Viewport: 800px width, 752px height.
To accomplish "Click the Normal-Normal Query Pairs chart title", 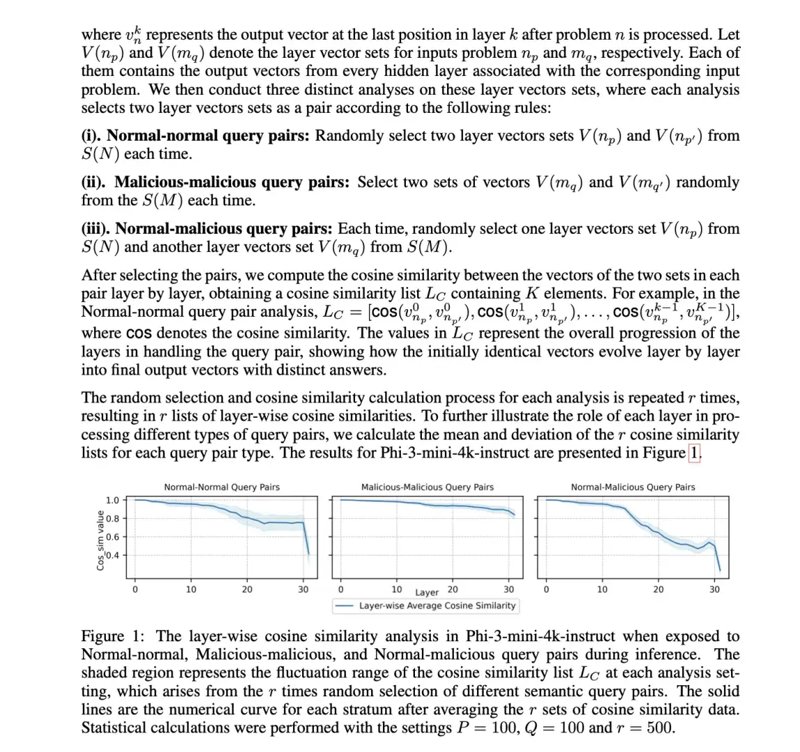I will coord(221,487).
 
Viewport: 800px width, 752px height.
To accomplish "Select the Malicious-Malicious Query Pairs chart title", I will coord(427,487).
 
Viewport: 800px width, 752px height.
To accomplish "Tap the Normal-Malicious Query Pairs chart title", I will coord(633,487).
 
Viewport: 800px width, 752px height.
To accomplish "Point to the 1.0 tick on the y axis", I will coord(112,500).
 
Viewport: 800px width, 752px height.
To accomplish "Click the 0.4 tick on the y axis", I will coord(112,556).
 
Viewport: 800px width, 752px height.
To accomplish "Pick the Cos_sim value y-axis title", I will coord(100,540).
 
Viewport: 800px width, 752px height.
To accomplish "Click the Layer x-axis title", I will coord(427,593).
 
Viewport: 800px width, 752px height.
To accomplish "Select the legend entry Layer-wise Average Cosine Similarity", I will coord(437,606).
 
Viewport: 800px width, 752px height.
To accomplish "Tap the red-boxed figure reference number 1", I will coord(694,453).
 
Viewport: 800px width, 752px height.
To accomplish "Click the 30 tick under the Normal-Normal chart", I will coord(304,589).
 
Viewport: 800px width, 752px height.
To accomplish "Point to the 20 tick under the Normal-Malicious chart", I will coord(658,589).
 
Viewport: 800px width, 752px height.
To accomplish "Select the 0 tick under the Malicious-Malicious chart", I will coord(340,589).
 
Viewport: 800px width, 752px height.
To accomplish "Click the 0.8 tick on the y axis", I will coord(112,518).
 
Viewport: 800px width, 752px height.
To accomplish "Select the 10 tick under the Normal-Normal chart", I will coord(191,589).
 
